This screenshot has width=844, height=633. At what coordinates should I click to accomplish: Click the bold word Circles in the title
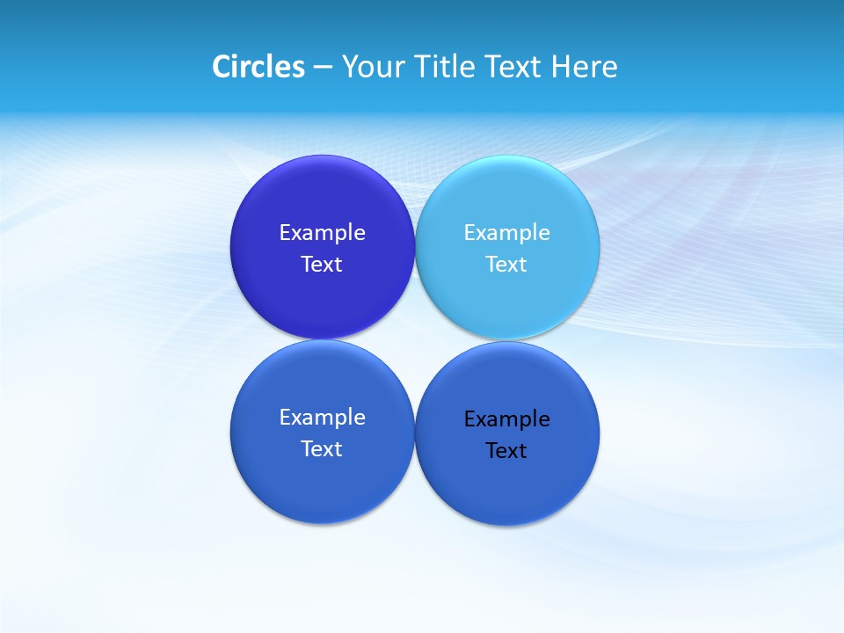point(258,67)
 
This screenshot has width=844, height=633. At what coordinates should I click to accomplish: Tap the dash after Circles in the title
point(323,68)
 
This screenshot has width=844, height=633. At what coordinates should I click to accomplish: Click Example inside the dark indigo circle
point(322,232)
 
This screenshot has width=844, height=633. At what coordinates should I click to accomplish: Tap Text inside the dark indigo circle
point(322,264)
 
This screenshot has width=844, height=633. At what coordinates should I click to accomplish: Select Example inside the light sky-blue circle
point(506,232)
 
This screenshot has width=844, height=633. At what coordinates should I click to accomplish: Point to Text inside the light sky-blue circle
point(506,264)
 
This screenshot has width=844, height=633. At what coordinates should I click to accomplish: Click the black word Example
point(506,418)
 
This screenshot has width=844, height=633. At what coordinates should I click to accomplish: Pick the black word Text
point(506,450)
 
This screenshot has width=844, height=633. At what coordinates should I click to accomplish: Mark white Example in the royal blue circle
point(322,417)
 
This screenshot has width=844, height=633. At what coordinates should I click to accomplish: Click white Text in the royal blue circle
point(322,448)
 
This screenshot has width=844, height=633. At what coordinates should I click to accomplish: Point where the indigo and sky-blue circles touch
point(415,247)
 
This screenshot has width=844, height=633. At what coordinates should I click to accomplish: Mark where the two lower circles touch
point(415,433)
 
